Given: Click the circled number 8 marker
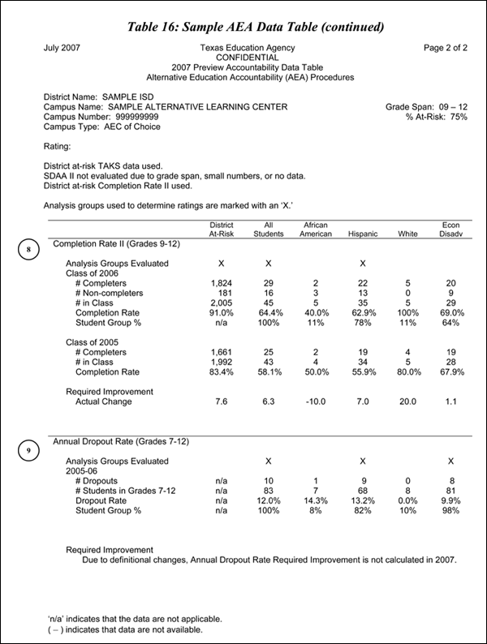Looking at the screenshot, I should (x=28, y=250).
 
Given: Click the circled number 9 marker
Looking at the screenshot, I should (x=28, y=451).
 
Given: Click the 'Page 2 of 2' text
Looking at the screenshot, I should (x=446, y=48).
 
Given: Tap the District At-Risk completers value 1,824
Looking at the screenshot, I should (x=222, y=283).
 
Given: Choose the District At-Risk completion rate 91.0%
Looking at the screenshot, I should (x=222, y=312).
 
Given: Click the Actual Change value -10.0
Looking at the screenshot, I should (x=315, y=401).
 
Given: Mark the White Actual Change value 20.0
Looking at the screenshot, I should (x=408, y=401).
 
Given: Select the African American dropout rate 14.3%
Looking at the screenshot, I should (x=315, y=500).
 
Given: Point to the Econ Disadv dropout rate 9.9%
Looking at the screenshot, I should (x=450, y=500).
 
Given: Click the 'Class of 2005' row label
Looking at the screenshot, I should (x=93, y=342).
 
